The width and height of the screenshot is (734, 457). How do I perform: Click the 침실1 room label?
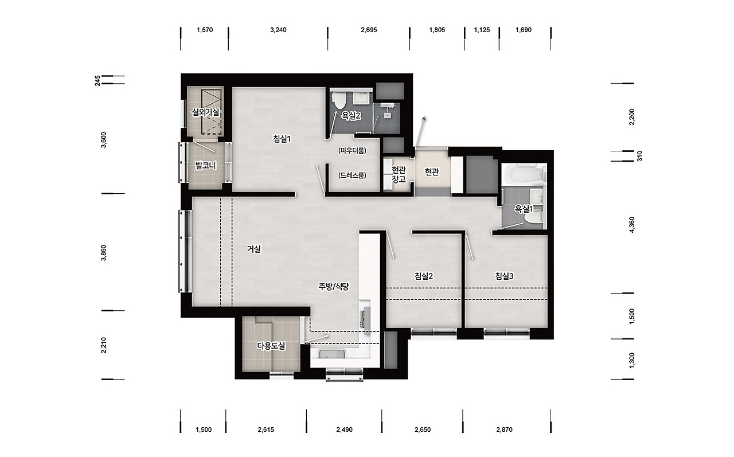click(x=282, y=139)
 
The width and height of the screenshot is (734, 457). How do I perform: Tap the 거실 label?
click(x=253, y=249)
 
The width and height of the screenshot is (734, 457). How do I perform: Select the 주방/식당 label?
click(x=334, y=287)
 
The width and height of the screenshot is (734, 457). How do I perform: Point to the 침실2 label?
click(x=424, y=276)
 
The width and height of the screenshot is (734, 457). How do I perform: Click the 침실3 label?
click(x=504, y=276)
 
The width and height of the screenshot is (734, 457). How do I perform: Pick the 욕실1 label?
click(x=524, y=209)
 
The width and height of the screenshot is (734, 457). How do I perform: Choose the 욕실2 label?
click(x=352, y=116)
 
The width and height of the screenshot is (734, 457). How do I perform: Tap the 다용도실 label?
click(x=271, y=346)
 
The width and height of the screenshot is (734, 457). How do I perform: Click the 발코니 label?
click(x=205, y=166)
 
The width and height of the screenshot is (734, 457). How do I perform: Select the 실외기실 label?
click(x=205, y=112)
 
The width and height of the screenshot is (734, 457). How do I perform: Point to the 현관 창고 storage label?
click(x=399, y=174)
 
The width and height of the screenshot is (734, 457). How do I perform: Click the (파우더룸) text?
click(x=352, y=151)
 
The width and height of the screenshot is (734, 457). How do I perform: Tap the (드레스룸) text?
click(x=352, y=175)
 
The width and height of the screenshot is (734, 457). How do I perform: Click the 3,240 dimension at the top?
click(x=278, y=30)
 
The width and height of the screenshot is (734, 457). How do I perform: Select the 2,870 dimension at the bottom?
click(x=504, y=429)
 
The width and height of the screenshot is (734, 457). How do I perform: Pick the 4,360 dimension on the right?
click(x=632, y=225)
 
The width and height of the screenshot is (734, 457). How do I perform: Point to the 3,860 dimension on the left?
click(x=104, y=252)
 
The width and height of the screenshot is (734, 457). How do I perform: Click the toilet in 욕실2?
click(x=338, y=100)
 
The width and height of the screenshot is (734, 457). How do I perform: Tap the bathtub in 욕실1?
click(x=524, y=174)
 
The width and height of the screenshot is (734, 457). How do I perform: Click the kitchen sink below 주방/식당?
click(x=331, y=354)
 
